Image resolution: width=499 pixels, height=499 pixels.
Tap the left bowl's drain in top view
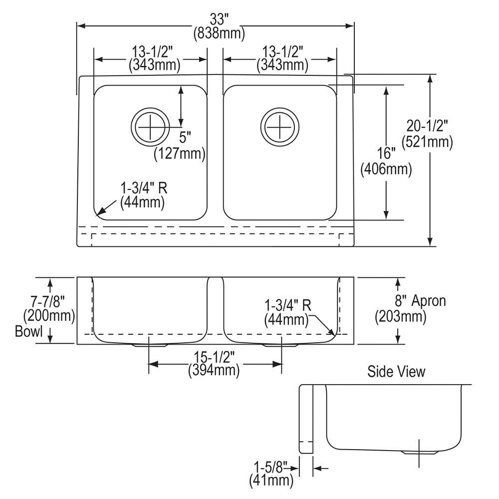pyautogui.click(x=148, y=127)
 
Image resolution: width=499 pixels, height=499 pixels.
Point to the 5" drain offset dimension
pyautogui.click(x=185, y=136)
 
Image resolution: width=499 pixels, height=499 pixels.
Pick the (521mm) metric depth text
pyautogui.click(x=428, y=142)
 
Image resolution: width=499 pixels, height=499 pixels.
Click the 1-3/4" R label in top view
pyautogui.click(x=144, y=189)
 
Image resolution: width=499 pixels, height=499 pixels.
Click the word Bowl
pyautogui.click(x=28, y=331)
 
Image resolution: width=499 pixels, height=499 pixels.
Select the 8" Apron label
pyautogui.click(x=421, y=301)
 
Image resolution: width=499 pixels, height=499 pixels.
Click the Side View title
pyautogui.click(x=396, y=371)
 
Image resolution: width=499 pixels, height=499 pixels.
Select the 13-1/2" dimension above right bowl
pyautogui.click(x=282, y=52)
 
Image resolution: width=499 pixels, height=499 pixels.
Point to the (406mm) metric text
pyautogui.click(x=386, y=170)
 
